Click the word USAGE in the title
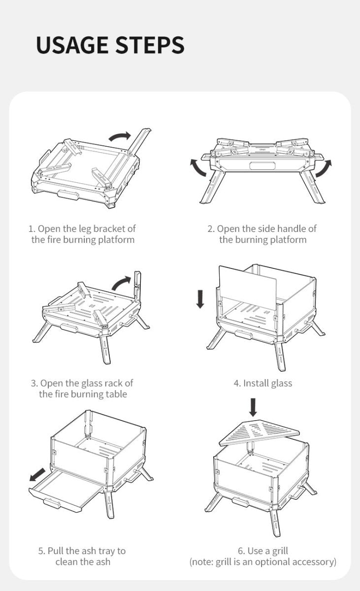tap(71, 45)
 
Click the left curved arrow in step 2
tap(199, 167)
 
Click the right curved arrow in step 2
tap(324, 168)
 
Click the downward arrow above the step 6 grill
tap(253, 407)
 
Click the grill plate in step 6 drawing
tap(259, 431)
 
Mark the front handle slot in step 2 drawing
tap(263, 165)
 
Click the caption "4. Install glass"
tap(262, 383)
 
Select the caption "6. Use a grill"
tap(262, 551)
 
